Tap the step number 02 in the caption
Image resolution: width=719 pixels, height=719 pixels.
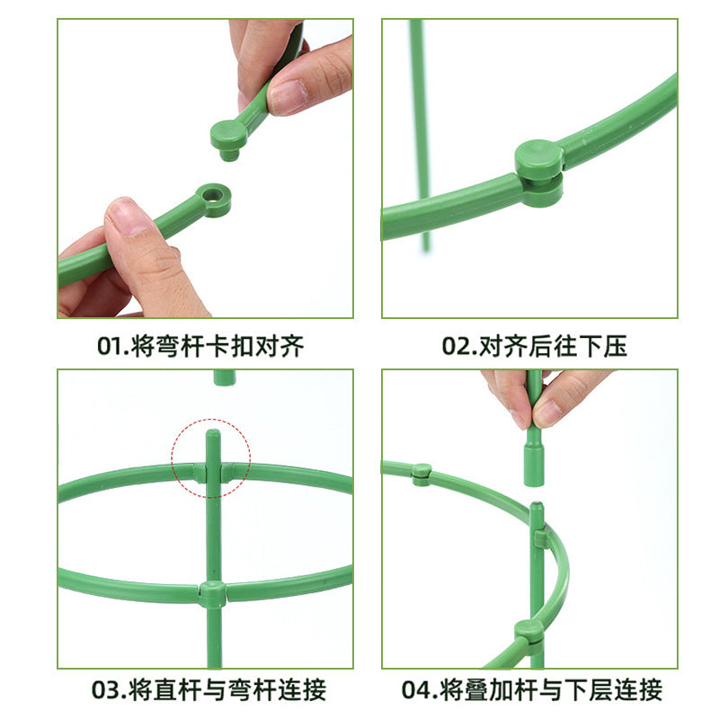point(457,347)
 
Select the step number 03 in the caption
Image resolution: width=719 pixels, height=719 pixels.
point(109,690)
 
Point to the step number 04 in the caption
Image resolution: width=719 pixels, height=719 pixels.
point(419,690)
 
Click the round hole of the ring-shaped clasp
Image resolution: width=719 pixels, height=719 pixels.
point(214,194)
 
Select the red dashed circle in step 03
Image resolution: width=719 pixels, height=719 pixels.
point(211,457)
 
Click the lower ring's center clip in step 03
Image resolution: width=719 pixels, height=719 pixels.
point(212,594)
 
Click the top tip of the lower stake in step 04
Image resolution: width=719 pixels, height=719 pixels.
point(536,508)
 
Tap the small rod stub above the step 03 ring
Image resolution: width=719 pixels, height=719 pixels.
point(224,377)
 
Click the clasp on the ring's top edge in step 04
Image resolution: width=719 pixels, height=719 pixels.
point(421,473)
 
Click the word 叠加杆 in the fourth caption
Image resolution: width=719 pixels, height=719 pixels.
point(498,690)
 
